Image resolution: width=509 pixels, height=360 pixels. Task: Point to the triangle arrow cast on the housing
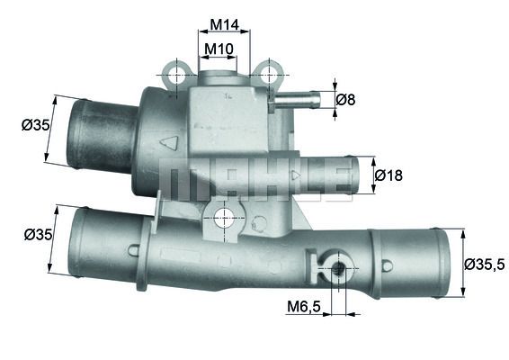point(166,142)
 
